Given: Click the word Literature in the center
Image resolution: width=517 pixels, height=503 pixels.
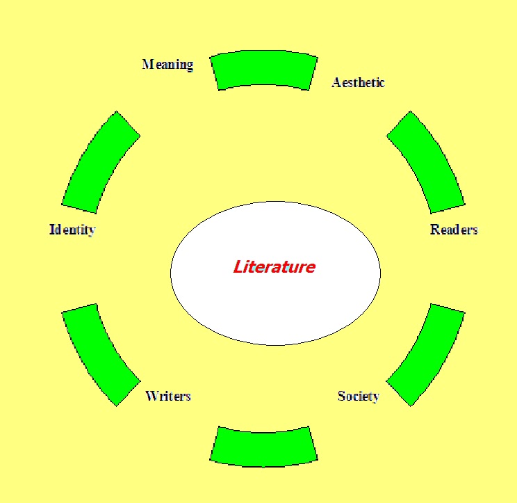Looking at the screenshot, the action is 274,266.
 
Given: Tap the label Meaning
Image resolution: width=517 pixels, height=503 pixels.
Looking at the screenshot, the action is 167,65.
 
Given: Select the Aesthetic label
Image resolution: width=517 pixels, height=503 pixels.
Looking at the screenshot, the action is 358,82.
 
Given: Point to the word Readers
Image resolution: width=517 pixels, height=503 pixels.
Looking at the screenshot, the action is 454,230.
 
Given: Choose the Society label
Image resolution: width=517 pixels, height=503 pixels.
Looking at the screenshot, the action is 359,396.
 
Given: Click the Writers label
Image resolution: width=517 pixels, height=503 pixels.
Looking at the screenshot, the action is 168,396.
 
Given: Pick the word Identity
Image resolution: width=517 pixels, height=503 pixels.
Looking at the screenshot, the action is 72,230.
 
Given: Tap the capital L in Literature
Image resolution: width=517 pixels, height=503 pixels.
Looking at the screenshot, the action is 238,266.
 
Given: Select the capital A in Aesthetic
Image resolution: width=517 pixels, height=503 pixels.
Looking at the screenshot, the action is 336,82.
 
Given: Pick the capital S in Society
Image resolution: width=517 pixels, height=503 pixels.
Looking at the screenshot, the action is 342,396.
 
